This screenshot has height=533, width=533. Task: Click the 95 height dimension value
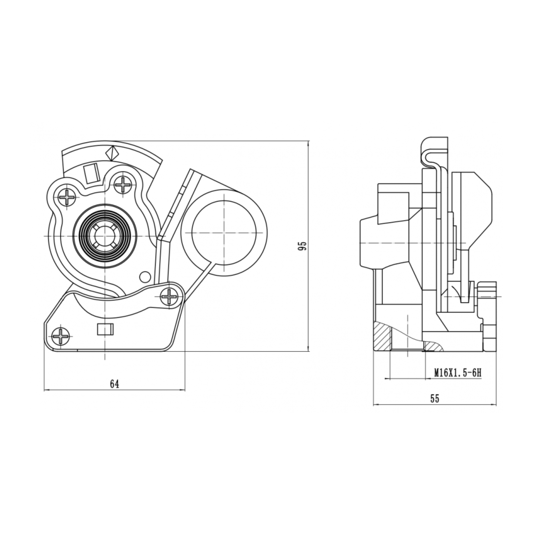pyautogui.click(x=303, y=245)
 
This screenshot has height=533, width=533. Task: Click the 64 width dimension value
pyautogui.click(x=115, y=384)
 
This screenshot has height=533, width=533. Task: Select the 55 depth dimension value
pyautogui.click(x=434, y=398)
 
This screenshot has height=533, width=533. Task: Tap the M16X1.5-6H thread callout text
pyautogui.click(x=458, y=373)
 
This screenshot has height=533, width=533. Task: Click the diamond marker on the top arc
pyautogui.click(x=112, y=153)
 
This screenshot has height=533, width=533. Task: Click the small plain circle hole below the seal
pyautogui.click(x=145, y=277)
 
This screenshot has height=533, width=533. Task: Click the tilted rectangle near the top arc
pyautogui.click(x=91, y=173)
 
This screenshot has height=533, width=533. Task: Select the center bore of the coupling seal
pyautogui.click(x=104, y=236)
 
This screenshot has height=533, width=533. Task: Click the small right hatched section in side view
pyautogui.click(x=433, y=346)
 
